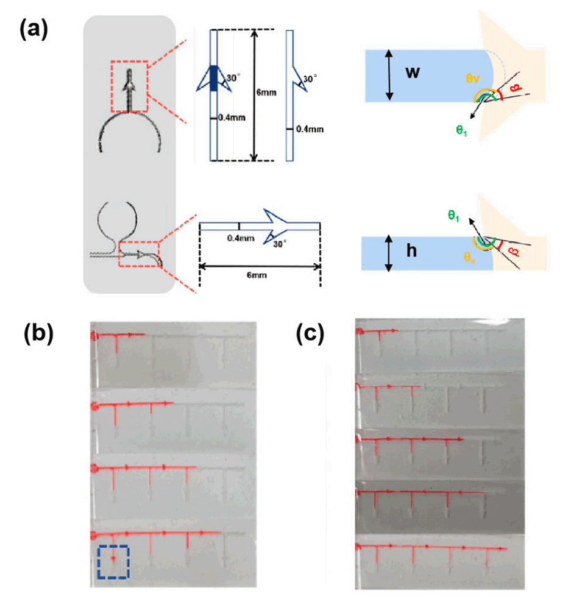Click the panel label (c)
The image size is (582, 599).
pos(311,334)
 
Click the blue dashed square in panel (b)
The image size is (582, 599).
pos(113,561)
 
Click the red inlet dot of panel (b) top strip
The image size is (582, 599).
pos(95,335)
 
